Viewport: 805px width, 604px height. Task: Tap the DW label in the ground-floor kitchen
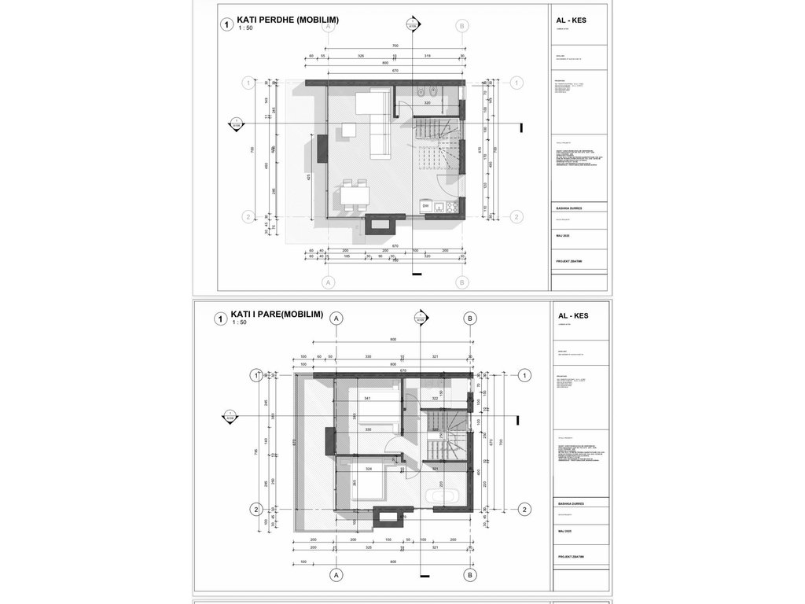(x=425, y=206)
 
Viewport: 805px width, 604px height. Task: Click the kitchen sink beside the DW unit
(x=439, y=207)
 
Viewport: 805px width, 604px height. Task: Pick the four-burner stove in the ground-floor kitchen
(x=451, y=207)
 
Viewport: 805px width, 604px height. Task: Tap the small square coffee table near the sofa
(x=347, y=131)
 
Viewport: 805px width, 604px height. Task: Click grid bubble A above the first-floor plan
(x=336, y=319)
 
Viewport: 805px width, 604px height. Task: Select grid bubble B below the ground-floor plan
(x=463, y=281)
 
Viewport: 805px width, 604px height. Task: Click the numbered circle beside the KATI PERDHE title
(x=227, y=25)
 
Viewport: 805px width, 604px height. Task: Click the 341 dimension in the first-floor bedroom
(x=368, y=398)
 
